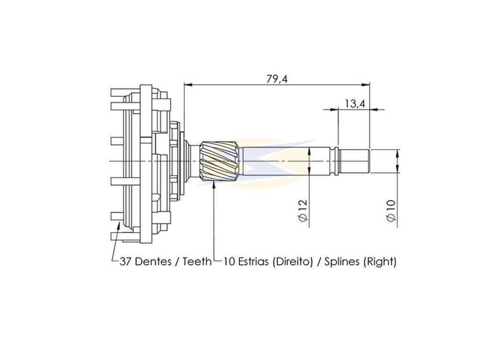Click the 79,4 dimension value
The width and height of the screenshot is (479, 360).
coord(277,79)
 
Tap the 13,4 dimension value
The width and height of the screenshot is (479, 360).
coord(355,104)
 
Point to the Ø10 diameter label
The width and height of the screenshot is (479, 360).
coord(391,210)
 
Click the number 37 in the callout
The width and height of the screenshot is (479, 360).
coord(125,261)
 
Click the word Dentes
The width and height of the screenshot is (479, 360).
coord(153,261)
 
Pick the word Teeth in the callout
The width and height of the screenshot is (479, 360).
coord(197,261)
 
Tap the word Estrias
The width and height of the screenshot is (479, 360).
coord(254,261)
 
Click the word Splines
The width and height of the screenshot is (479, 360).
coord(341,262)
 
